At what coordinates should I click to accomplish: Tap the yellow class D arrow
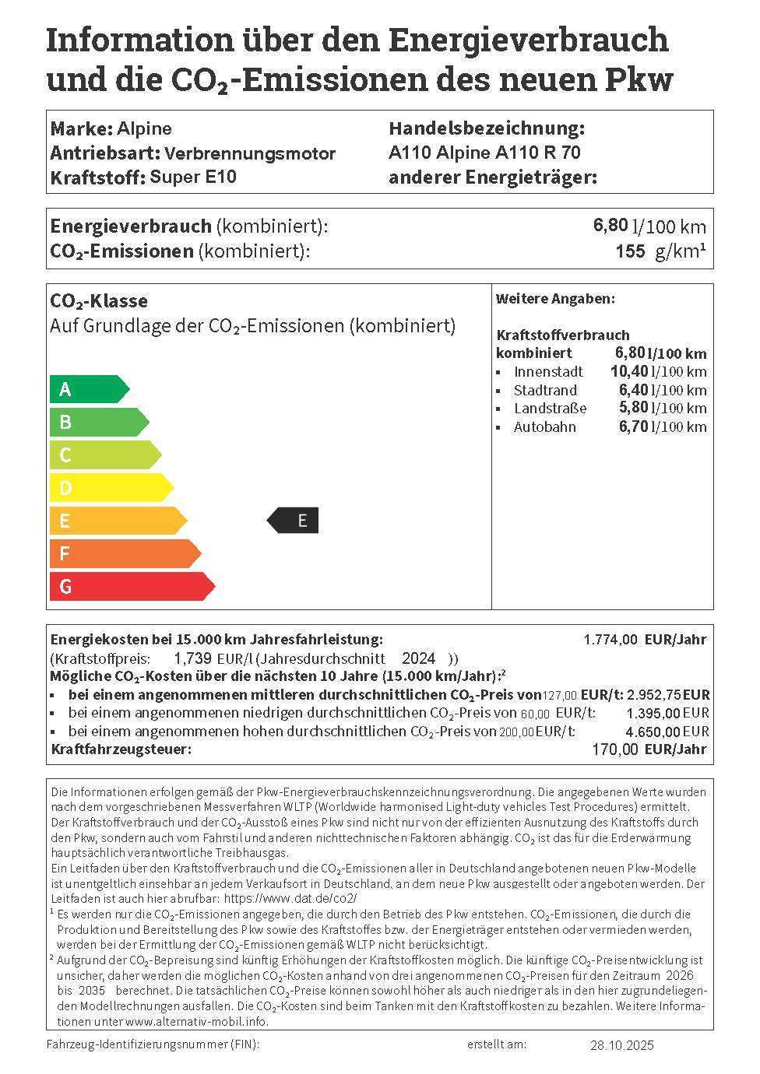pyautogui.click(x=110, y=488)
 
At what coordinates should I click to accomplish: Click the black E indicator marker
pyautogui.click(x=294, y=521)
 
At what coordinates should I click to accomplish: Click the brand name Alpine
pyautogui.click(x=144, y=128)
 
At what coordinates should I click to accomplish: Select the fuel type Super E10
pyautogui.click(x=193, y=177)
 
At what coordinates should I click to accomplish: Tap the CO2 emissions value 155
pyautogui.click(x=630, y=251)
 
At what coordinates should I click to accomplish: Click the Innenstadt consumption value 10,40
pyautogui.click(x=628, y=371)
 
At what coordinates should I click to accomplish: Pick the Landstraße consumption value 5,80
pyautogui.click(x=633, y=408)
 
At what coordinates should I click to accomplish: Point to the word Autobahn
pyautogui.click(x=545, y=426)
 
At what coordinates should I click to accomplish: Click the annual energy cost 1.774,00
pyautogui.click(x=610, y=640)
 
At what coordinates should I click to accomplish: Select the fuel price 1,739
pyautogui.click(x=192, y=658)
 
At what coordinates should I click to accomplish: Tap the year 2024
pyautogui.click(x=418, y=658)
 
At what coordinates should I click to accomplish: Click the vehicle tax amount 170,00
pyautogui.click(x=615, y=749)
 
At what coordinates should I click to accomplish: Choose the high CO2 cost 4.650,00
pyautogui.click(x=653, y=732)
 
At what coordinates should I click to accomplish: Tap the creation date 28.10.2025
pyautogui.click(x=622, y=1044)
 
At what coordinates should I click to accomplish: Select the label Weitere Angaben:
pyautogui.click(x=555, y=299)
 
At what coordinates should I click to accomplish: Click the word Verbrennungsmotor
pyautogui.click(x=250, y=153)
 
